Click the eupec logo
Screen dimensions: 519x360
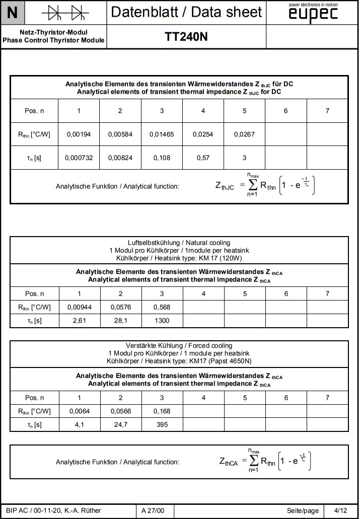click(313, 14)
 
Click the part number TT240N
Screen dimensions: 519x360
click(186, 37)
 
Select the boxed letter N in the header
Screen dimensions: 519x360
click(13, 13)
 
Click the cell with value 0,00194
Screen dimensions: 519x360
click(79, 134)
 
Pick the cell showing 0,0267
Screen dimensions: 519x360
click(244, 134)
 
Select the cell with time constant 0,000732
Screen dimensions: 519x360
click(79, 158)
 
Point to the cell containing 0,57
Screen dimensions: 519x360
click(203, 158)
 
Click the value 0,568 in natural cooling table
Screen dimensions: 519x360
click(162, 307)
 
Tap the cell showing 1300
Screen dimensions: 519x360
click(162, 321)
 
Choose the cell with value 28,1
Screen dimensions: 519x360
click(120, 321)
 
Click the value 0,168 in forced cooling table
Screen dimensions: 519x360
click(162, 411)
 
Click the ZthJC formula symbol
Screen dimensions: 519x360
click(225, 187)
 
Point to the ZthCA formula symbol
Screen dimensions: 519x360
click(228, 462)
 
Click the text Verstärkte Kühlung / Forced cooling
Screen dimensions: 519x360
click(179, 346)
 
